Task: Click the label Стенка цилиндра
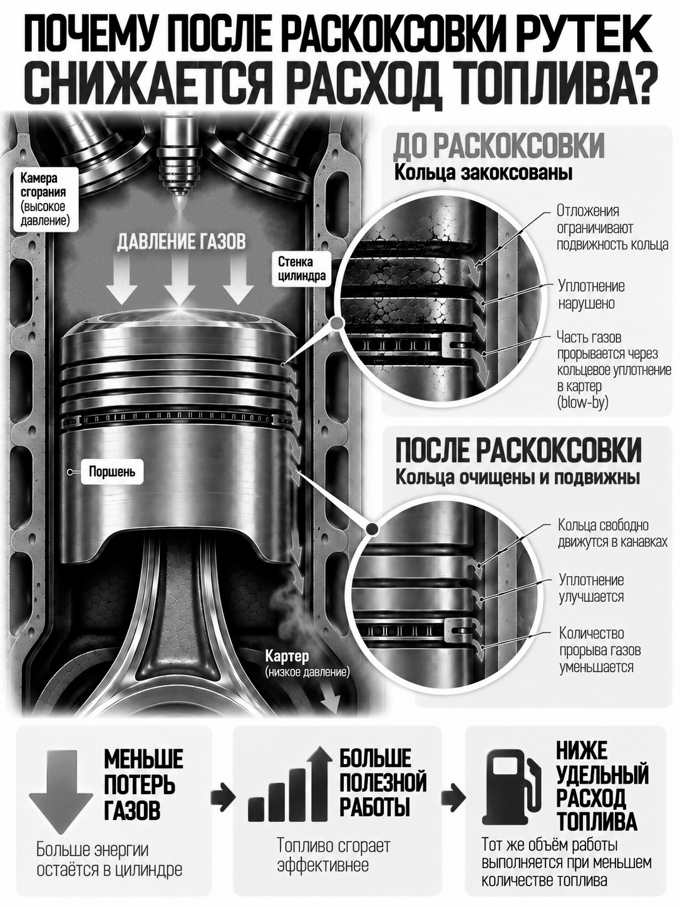301,269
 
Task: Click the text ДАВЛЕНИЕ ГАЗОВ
181,242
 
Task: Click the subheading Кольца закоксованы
483,174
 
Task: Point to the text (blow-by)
582,402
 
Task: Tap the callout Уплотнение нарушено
591,294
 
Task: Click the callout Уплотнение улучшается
591,588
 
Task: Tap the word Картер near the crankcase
287,655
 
